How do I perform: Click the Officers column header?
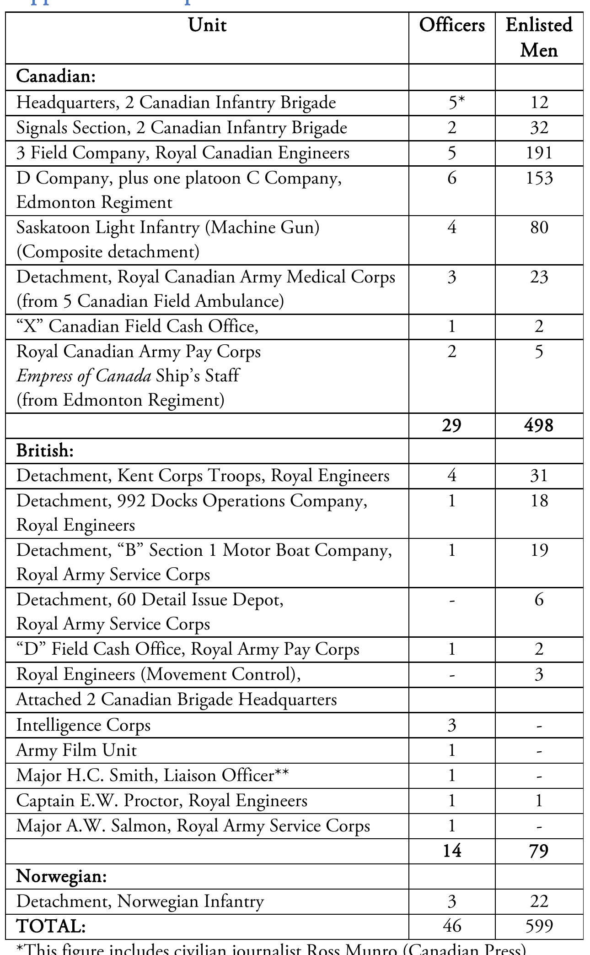coord(452,25)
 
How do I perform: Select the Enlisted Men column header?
coord(539,37)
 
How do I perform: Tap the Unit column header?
coord(207,25)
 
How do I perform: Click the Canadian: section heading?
coord(56,76)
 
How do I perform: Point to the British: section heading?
coord(45,450)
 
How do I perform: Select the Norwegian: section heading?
coord(61,876)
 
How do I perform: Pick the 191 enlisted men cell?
coord(539,152)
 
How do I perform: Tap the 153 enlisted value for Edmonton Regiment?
coord(539,178)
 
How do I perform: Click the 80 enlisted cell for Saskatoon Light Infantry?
coord(539,227)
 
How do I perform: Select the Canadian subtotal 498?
coord(539,425)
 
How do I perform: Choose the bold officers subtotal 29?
coord(452,425)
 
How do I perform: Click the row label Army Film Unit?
coord(76,750)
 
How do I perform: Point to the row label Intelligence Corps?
coord(83,725)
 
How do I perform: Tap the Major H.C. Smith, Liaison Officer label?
coord(152,775)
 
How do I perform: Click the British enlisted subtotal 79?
coord(539,851)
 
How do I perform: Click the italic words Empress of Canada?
coord(84,376)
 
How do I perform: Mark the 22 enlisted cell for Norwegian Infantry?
coord(539,901)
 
